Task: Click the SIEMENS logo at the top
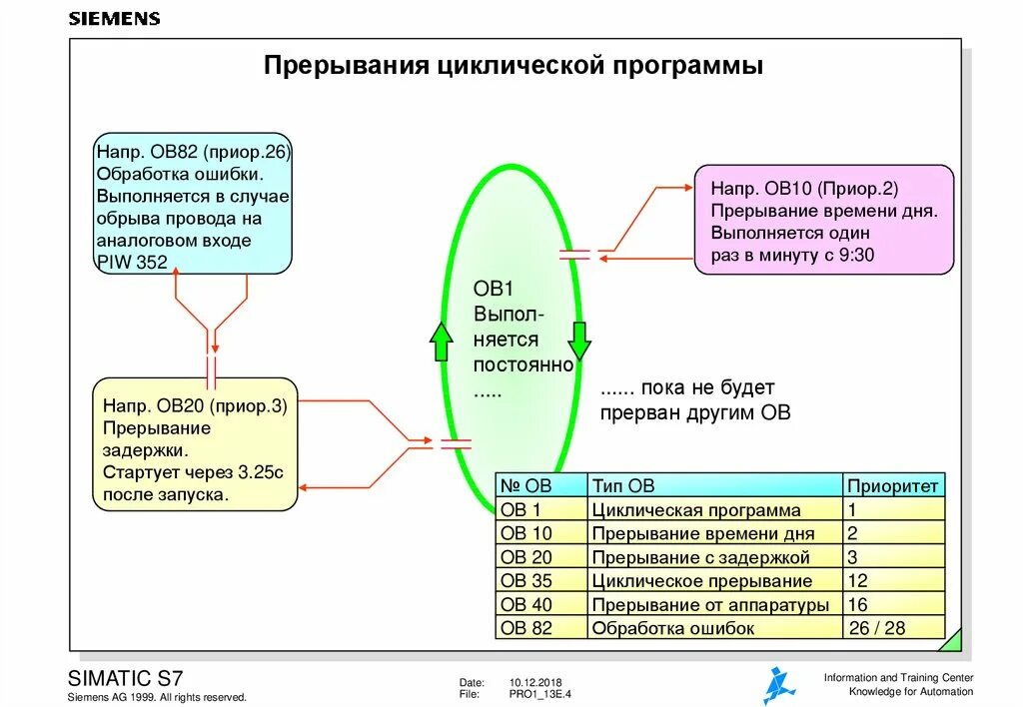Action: (x=114, y=19)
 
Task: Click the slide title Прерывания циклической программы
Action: (x=513, y=66)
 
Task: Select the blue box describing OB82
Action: (x=194, y=204)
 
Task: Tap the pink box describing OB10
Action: (x=824, y=221)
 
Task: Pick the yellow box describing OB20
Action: (x=195, y=444)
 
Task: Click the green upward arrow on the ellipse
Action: (x=441, y=342)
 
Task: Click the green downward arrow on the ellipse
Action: (x=580, y=341)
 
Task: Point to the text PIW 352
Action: (x=132, y=263)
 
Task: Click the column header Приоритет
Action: (x=893, y=486)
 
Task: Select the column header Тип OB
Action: (x=623, y=486)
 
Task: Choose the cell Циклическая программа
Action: (x=695, y=510)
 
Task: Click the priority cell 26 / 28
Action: (x=876, y=628)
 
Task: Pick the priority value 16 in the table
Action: (x=857, y=604)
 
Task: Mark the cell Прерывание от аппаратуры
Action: (x=709, y=604)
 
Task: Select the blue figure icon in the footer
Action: (x=778, y=685)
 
